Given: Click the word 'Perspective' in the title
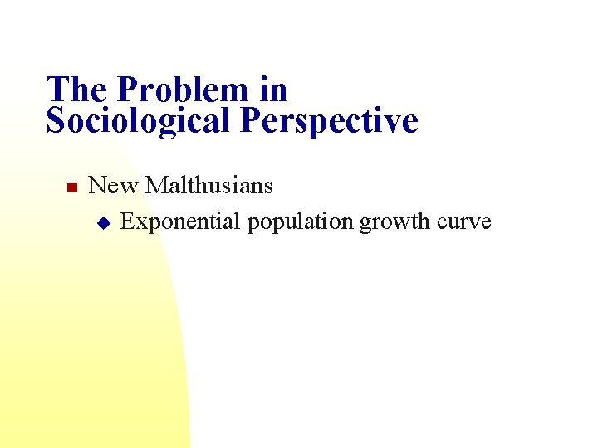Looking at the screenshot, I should (329, 121).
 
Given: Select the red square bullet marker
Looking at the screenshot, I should (71, 187).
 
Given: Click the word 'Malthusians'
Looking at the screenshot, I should (209, 185).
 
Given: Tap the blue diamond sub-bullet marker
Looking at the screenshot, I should (103, 222).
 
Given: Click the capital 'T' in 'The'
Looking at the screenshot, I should (56, 90).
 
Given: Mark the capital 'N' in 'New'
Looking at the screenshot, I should (97, 185).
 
